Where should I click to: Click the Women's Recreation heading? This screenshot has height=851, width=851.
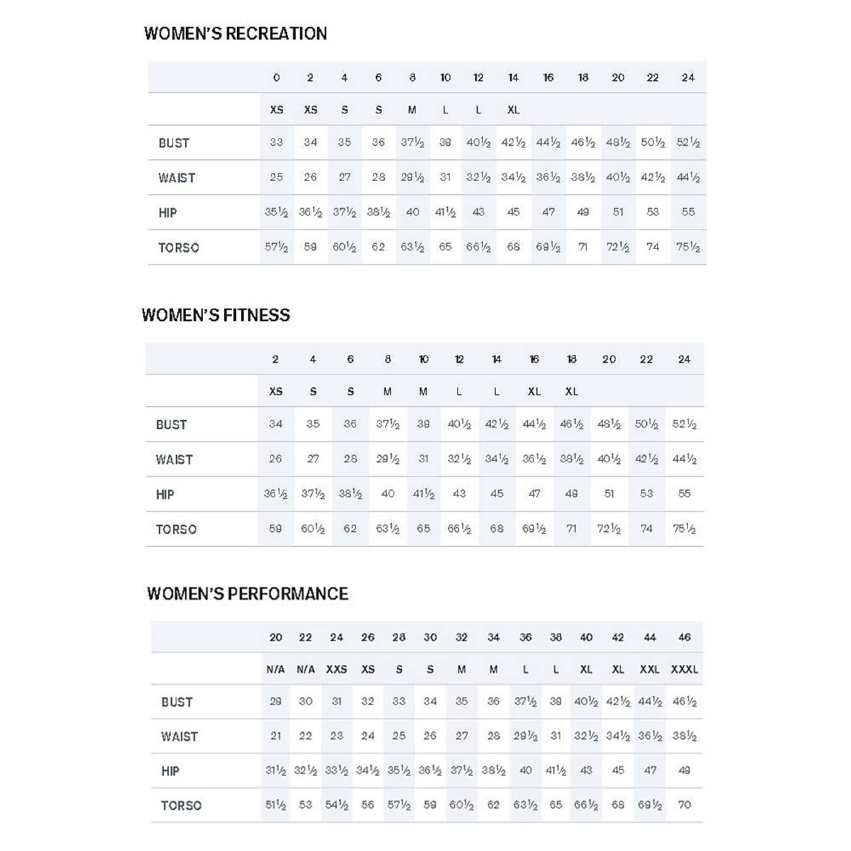[235, 33]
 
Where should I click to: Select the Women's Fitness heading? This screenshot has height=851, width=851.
[216, 315]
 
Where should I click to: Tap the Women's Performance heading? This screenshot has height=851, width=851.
[247, 594]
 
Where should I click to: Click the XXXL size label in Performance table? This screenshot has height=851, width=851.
[684, 669]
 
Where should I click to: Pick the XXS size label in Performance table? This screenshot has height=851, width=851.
[336, 669]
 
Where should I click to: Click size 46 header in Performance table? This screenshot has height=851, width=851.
[684, 637]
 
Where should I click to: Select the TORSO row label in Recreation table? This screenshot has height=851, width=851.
[179, 247]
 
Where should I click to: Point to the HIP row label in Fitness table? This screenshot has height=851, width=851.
[165, 494]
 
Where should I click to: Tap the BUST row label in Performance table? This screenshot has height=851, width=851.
[177, 702]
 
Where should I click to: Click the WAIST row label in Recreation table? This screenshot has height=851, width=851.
[177, 178]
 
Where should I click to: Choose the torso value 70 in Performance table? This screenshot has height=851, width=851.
[684, 805]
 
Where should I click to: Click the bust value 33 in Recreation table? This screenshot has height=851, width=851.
[277, 142]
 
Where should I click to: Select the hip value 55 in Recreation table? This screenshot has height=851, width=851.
[688, 211]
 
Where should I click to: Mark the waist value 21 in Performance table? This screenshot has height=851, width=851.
[276, 735]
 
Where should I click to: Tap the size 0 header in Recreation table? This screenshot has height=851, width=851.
[277, 77]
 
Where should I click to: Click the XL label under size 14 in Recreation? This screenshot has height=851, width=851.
[513, 110]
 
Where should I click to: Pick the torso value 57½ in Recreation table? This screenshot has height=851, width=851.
[277, 247]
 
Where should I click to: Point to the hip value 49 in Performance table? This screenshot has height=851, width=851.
[684, 770]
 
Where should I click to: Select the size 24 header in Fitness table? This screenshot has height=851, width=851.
[684, 359]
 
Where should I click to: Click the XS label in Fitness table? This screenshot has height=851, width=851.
[276, 391]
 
